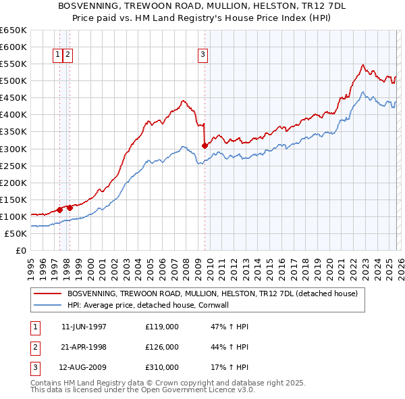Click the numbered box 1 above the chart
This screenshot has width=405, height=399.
tap(58, 55)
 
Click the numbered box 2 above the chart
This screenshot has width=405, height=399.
tap(68, 55)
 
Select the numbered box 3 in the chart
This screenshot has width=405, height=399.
tap(202, 55)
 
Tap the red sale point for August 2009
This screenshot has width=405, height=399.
tap(205, 145)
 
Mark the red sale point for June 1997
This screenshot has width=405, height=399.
tap(59, 210)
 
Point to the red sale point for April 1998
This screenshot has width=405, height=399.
tap(70, 208)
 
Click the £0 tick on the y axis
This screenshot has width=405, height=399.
tap(20, 250)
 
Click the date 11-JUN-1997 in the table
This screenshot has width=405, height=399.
tap(84, 327)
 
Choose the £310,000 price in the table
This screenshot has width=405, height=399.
tap(162, 367)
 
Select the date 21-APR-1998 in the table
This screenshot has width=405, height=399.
tap(84, 347)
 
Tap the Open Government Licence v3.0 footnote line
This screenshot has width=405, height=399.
tap(143, 390)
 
